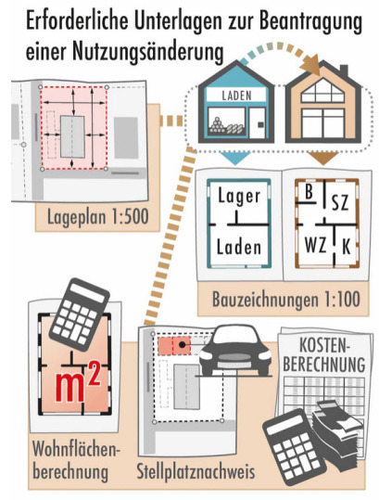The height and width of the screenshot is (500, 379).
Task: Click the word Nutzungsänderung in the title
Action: (148, 52)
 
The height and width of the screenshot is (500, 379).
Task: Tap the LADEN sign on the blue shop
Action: (236, 96)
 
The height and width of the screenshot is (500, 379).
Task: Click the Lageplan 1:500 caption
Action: (98, 217)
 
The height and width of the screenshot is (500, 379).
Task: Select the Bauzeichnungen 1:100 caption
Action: (286, 300)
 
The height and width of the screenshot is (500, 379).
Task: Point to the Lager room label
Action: (239, 196)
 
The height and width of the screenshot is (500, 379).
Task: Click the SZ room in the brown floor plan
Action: (340, 202)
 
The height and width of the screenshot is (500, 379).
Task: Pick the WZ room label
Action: (315, 246)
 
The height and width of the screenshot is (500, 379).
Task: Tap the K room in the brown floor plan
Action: (347, 247)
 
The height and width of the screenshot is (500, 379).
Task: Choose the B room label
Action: (309, 192)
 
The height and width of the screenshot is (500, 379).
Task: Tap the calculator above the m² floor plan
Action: (79, 314)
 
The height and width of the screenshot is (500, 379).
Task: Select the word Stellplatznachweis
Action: (196, 471)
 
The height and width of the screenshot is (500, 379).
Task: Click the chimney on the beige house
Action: (344, 70)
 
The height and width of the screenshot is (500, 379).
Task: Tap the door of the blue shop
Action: (258, 123)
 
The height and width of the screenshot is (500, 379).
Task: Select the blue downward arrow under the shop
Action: (235, 158)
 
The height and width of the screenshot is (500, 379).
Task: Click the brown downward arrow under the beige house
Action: (323, 158)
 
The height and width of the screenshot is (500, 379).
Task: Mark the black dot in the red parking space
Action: (182, 344)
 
